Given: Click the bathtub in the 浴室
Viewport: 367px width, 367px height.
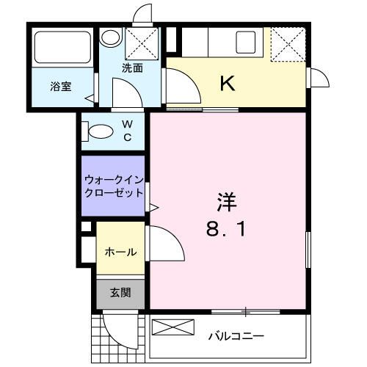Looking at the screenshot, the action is coord(63,47).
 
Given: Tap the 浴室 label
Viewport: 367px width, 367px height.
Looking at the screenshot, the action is coord(61,87).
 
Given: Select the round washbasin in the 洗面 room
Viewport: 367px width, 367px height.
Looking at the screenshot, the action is coord(111,37).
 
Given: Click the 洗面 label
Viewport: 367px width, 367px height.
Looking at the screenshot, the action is coord(132,68).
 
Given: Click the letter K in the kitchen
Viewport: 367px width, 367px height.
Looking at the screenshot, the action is coord(228,83).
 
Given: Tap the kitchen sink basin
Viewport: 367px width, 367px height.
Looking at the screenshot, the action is coord(245,43).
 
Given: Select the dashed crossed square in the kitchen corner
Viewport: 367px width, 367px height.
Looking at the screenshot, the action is coord(288,44).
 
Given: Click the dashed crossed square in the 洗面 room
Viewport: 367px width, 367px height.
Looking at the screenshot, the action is coord(142,43).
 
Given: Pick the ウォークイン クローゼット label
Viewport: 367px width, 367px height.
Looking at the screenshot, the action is coord(114,186).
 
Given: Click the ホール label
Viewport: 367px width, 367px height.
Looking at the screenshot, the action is coord(121,252).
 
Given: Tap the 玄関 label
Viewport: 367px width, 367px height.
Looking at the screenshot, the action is coord(120,293).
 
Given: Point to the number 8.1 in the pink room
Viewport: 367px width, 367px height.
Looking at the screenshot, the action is coord(225,229).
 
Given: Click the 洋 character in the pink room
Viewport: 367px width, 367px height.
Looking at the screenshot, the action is coord(227,202).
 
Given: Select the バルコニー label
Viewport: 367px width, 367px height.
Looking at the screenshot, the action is coord(236,336).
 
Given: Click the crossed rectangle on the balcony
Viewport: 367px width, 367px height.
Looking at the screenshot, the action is coord(173,327).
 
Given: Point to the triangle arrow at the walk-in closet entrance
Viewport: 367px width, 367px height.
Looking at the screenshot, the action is coord(154,208).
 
